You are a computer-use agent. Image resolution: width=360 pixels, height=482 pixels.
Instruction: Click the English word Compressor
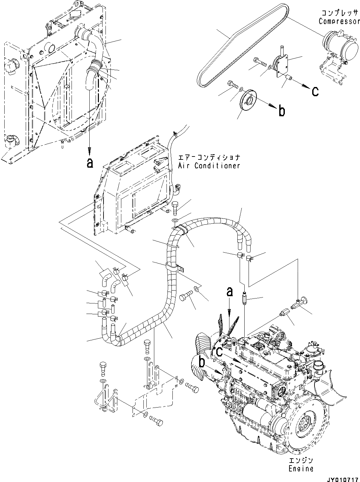tap(339, 21)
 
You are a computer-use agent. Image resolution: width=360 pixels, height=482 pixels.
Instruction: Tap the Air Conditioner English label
tap(209, 166)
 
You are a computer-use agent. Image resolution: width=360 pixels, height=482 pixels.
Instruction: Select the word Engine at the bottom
tap(300, 468)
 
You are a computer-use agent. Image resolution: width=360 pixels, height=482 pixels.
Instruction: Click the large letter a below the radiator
tap(89, 162)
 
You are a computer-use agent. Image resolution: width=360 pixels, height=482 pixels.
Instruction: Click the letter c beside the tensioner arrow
tap(315, 91)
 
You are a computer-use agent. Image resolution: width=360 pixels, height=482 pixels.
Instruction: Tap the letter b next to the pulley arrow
tap(282, 111)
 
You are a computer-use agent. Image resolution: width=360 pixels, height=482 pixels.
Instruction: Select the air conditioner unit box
tap(132, 194)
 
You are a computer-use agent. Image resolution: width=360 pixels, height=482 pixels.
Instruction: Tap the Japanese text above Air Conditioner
tap(209, 157)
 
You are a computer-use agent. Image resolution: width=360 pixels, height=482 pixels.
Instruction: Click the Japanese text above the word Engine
tap(300, 460)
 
